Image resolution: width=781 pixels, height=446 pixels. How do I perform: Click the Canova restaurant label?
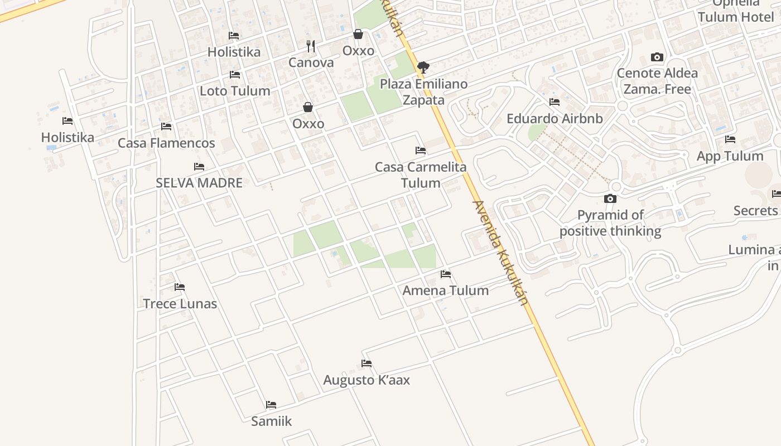point(311,62)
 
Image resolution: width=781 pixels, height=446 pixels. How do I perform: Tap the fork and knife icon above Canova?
point(311,46)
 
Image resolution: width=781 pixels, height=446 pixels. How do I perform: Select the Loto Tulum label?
point(235,91)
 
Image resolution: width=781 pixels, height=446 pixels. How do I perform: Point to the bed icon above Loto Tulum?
point(235,74)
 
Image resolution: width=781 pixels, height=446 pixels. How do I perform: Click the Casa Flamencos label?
point(166,143)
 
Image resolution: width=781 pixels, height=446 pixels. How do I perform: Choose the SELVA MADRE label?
point(199,183)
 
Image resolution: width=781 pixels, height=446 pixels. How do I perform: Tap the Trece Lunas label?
point(180,304)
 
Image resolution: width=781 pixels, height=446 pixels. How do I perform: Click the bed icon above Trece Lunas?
point(180,287)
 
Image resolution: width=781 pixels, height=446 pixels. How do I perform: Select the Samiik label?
point(271,421)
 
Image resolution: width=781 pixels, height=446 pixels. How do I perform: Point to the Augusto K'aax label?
point(367,380)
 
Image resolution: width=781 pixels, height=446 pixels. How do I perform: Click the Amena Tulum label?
point(445,290)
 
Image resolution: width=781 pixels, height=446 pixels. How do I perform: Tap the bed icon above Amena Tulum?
point(445,274)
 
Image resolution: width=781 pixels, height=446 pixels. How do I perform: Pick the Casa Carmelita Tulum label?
point(421,175)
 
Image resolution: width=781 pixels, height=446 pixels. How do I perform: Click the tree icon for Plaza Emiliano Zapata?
point(423,67)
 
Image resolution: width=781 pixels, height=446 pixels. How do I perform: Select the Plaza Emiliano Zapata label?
point(424,92)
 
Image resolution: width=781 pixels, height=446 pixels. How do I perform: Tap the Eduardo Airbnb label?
point(555,119)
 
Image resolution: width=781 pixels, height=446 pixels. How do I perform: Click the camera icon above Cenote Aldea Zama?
point(657,57)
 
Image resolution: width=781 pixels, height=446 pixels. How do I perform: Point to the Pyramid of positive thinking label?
point(610,223)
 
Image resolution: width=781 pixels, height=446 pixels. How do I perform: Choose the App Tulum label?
point(730,156)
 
